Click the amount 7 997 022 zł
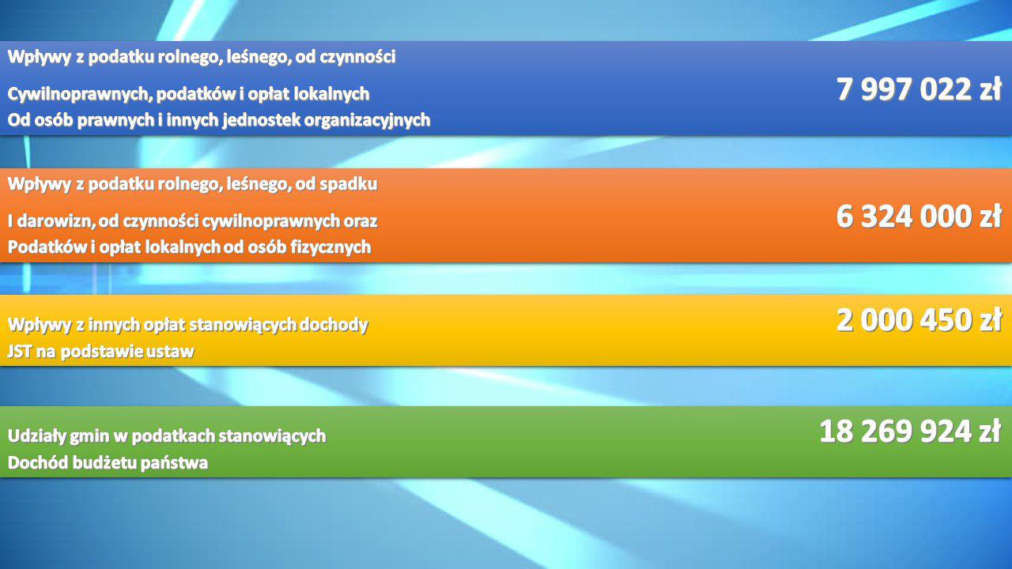(x=919, y=89)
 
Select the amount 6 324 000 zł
(x=919, y=217)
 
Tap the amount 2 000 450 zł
(x=919, y=320)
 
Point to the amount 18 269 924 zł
(x=910, y=431)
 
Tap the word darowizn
(x=56, y=220)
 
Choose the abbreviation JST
(x=19, y=352)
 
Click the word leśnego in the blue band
(x=259, y=58)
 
